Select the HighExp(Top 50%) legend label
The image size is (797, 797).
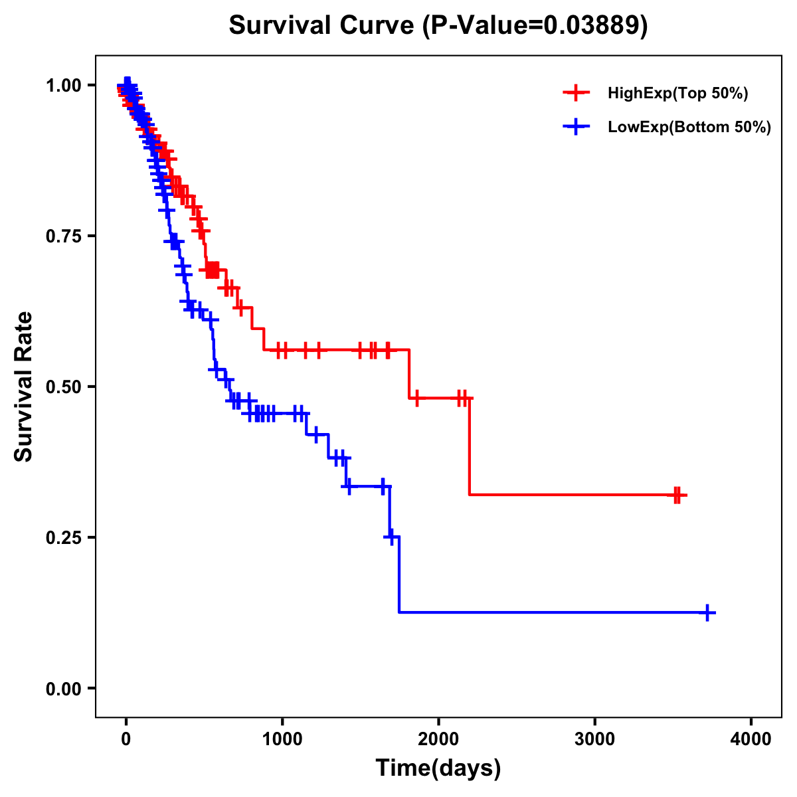[x=677, y=94]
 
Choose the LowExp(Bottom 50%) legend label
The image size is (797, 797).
[x=689, y=128]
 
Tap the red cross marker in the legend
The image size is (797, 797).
[x=576, y=93]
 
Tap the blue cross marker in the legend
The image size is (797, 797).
[x=576, y=127]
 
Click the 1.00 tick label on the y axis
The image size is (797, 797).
[x=63, y=85]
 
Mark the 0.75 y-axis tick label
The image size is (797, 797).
[x=63, y=236]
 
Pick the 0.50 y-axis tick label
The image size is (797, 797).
[x=63, y=387]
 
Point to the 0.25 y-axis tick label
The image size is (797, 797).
[x=63, y=537]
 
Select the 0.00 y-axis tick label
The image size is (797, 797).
[x=63, y=688]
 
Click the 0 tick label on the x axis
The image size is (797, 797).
[x=126, y=739]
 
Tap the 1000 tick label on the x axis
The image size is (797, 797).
[x=282, y=739]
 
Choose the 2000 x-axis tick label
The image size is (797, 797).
[x=438, y=739]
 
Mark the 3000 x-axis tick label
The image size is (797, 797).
[x=594, y=739]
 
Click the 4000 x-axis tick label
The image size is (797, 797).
[x=751, y=739]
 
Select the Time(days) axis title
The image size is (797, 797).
[x=438, y=768]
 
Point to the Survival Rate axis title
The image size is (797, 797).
[x=24, y=387]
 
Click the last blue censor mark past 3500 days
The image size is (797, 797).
[x=708, y=612]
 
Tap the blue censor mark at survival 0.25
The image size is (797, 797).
[x=392, y=537]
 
